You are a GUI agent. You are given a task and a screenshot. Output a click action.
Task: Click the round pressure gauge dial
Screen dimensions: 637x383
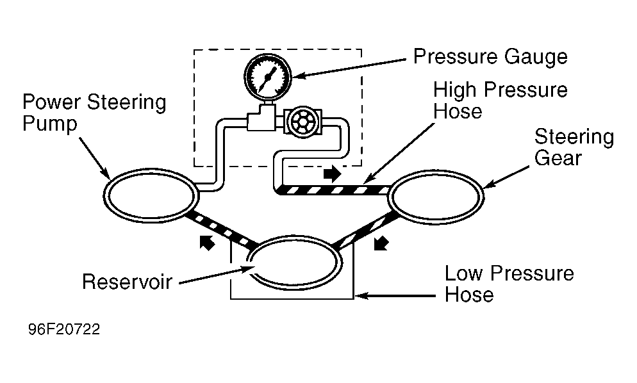click(268, 76)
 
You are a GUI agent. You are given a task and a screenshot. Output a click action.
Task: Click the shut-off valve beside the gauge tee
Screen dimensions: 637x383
click(302, 122)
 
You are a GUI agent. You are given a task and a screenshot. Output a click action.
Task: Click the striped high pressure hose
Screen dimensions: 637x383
click(333, 190)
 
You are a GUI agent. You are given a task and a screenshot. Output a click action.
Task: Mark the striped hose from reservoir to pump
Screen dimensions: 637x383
click(221, 230)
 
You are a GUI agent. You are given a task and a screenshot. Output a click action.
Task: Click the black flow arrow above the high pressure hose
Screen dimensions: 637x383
click(333, 174)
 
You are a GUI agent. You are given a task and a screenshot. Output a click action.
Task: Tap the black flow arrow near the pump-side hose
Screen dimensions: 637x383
click(207, 243)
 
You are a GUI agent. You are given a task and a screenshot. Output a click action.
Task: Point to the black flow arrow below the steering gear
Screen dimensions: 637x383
click(381, 243)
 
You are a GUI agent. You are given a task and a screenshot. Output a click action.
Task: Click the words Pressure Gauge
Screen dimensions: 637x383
click(490, 57)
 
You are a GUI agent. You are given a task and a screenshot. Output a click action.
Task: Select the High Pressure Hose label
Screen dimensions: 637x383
click(500, 101)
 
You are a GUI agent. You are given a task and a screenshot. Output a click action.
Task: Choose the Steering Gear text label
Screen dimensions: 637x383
click(574, 147)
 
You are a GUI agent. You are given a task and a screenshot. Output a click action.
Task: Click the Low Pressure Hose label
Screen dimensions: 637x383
click(509, 284)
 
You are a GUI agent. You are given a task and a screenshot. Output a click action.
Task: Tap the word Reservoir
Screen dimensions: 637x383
click(127, 281)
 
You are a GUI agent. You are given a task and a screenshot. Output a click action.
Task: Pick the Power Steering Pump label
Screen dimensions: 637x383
click(94, 113)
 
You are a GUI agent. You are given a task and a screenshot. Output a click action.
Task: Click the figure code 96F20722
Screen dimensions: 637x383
click(64, 329)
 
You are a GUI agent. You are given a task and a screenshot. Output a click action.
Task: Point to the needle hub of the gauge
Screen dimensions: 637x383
click(267, 76)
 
